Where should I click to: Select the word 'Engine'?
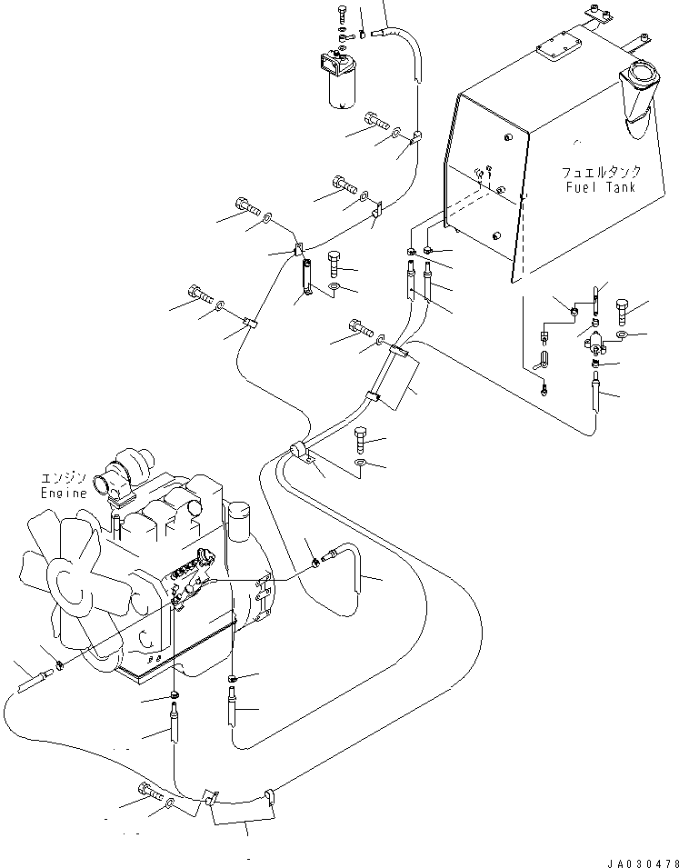point(63,493)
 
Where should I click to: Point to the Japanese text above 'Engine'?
point(63,479)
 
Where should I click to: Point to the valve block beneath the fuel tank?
point(595,342)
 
